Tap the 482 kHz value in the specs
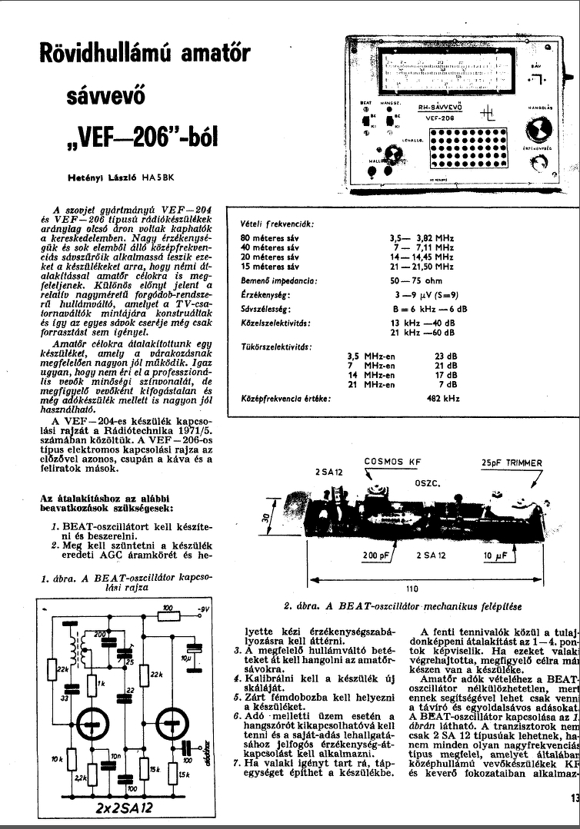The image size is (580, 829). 445,398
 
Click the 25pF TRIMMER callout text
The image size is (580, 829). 512,463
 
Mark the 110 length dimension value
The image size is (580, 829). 412,589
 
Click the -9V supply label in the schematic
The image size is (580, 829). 202,609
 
